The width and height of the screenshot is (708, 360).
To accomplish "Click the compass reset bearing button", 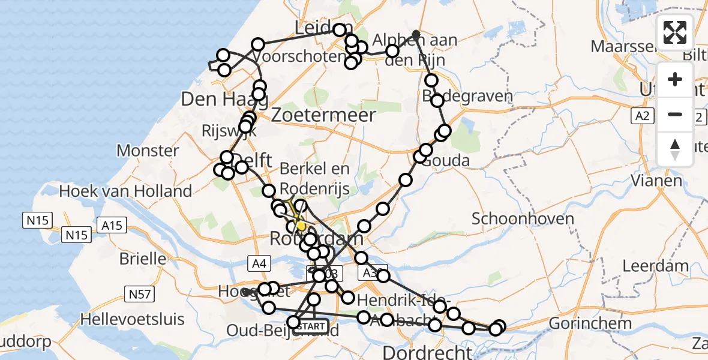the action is point(675,149).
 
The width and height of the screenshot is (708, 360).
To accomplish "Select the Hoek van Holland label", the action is point(125,192).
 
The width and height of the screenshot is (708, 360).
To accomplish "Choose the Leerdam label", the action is point(656,265).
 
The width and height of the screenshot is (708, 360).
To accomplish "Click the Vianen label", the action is point(657,180).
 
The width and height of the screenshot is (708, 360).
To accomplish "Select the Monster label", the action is point(148,150).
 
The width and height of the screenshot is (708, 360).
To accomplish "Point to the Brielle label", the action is point(143,259).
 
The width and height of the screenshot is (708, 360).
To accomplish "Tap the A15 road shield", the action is point(112,226).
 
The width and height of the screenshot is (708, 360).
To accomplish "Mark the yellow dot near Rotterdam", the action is point(301,226).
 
